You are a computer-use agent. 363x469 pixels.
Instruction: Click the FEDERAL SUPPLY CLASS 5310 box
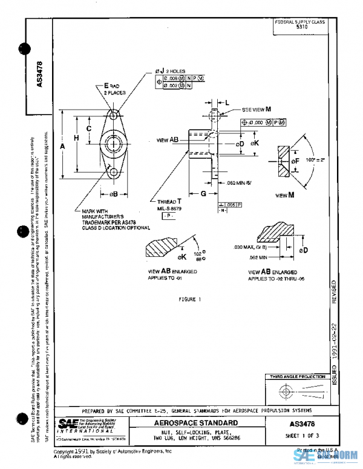coord(299,25)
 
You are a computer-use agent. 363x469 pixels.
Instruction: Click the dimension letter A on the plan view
coord(64,146)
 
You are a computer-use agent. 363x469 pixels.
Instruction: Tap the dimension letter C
coord(89,128)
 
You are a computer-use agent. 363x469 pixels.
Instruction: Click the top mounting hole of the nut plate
coord(114,113)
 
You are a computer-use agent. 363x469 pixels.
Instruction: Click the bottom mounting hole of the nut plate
coord(114,173)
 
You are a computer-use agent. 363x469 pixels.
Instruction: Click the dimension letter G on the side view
coord(204,193)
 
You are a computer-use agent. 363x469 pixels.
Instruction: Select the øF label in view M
coord(295,162)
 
